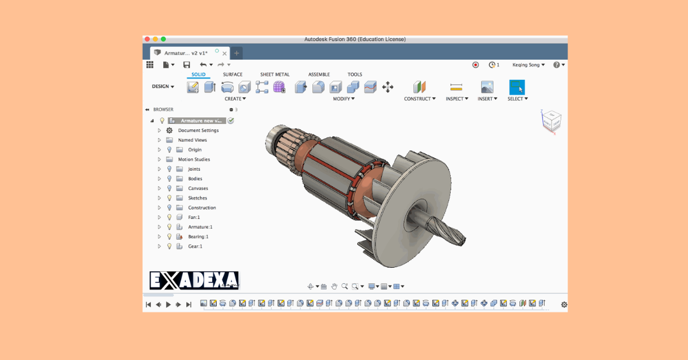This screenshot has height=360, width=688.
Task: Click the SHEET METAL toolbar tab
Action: (x=275, y=75)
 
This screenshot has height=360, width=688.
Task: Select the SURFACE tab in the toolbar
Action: (x=233, y=75)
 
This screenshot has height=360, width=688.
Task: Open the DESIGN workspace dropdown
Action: (x=163, y=87)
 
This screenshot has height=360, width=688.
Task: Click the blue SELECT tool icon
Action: (x=517, y=87)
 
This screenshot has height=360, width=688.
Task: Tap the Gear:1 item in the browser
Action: (x=195, y=246)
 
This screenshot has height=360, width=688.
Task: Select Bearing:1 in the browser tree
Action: (x=198, y=237)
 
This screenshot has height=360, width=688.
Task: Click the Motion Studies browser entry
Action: (x=194, y=159)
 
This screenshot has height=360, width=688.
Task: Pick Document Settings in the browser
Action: (x=198, y=130)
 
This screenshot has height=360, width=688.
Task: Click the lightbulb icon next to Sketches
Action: (x=169, y=198)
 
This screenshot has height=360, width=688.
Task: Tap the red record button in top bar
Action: (x=475, y=65)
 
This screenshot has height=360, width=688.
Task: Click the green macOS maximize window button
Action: (x=163, y=39)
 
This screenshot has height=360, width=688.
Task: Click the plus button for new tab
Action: (x=237, y=53)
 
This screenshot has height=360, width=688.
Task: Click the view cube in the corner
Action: (x=551, y=121)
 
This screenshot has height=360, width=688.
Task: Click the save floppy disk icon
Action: (x=186, y=65)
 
